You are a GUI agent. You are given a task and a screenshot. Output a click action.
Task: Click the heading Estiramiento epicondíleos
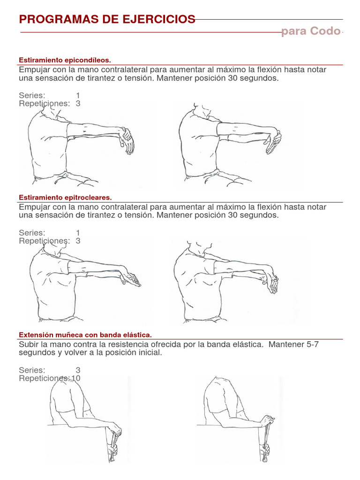pyautogui.click(x=65, y=60)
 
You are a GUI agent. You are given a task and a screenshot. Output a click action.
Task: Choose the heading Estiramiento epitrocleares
pyautogui.click(x=65, y=197)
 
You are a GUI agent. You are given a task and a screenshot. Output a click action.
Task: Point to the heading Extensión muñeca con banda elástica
pyautogui.click(x=85, y=335)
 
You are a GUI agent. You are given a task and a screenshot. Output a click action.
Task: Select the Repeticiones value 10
pyautogui.click(x=76, y=378)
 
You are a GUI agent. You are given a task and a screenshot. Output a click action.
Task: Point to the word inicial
pyautogui.click(x=150, y=352)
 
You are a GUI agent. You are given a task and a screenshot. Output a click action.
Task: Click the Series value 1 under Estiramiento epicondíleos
pyautogui.click(x=78, y=95)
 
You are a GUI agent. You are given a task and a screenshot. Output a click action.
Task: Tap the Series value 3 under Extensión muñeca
pyautogui.click(x=78, y=370)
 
